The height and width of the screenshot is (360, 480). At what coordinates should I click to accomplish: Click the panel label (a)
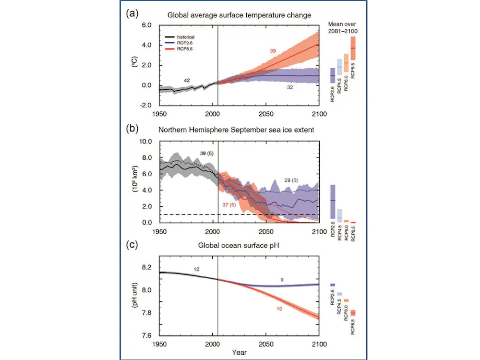(132, 14)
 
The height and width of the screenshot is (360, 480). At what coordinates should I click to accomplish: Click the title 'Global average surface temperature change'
(239, 15)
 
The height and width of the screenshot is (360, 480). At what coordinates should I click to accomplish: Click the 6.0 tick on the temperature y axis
(145, 25)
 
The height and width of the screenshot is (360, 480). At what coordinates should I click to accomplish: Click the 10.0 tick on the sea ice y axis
(144, 142)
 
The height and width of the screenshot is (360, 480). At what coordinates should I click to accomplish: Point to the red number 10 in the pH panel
(279, 308)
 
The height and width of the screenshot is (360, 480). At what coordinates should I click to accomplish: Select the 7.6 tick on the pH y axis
(146, 336)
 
